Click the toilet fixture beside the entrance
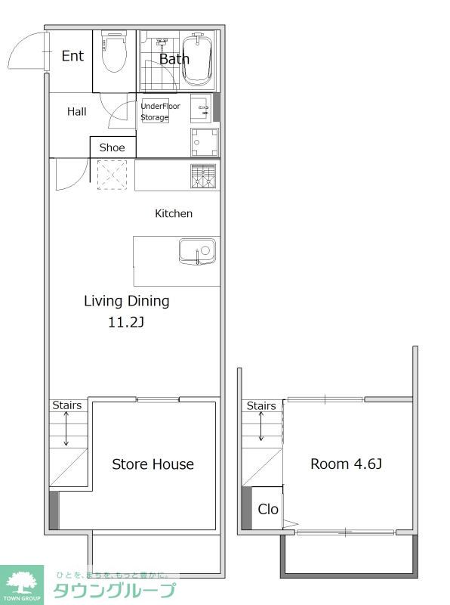click(115, 52)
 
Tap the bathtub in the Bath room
click(197, 60)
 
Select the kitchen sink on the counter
click(197, 252)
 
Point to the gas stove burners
click(203, 176)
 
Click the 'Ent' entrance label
click(72, 56)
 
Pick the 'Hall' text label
click(77, 111)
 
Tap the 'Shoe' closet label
click(112, 147)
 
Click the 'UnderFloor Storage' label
click(160, 111)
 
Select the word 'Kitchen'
click(174, 213)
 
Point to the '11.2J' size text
click(126, 322)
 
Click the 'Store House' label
click(153, 464)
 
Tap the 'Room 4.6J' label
click(346, 464)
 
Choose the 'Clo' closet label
click(268, 509)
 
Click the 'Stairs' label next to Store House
click(67, 405)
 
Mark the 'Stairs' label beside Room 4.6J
click(261, 406)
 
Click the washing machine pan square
click(204, 142)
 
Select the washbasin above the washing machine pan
click(201, 108)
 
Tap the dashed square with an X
click(112, 175)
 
